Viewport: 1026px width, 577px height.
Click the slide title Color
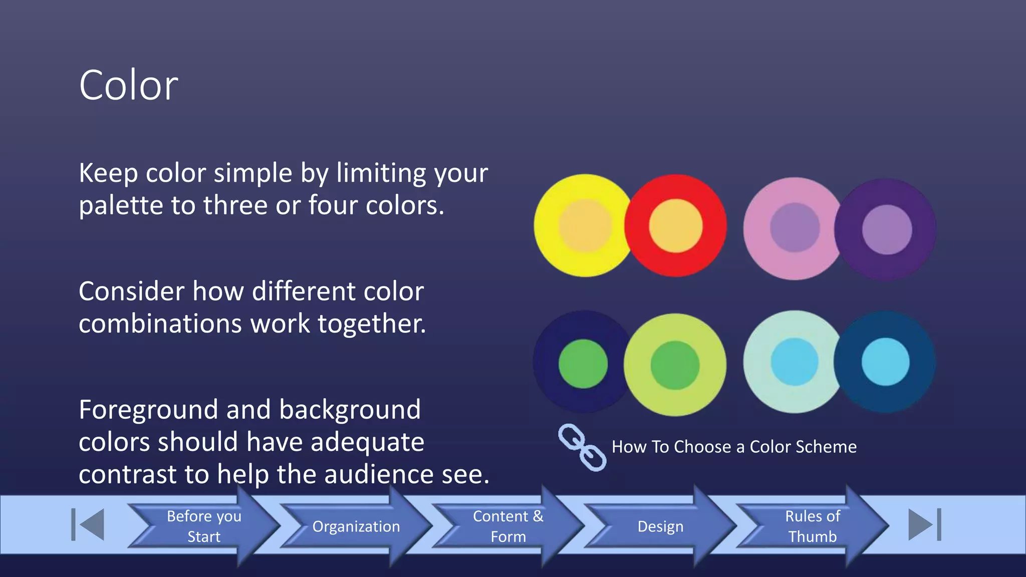pyautogui.click(x=128, y=85)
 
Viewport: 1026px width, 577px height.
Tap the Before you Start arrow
pyautogui.click(x=204, y=526)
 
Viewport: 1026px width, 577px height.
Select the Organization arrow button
pyautogui.click(x=356, y=526)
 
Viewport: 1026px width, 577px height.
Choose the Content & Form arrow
pyautogui.click(x=508, y=526)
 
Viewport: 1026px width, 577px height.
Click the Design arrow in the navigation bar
pyautogui.click(x=660, y=526)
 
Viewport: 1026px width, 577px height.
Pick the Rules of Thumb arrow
pyautogui.click(x=812, y=526)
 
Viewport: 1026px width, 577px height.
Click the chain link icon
pyautogui.click(x=582, y=447)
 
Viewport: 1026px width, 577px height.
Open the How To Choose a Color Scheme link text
pyautogui.click(x=734, y=447)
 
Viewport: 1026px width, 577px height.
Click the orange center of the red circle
pyautogui.click(x=675, y=225)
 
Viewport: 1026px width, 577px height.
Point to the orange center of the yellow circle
pyautogui.click(x=585, y=225)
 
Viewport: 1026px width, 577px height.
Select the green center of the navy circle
pyautogui.click(x=583, y=364)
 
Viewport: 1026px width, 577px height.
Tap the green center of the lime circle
pyautogui.click(x=675, y=365)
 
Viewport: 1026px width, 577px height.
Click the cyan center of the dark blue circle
pyautogui.click(x=885, y=362)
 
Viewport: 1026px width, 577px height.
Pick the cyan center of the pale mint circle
pyautogui.click(x=795, y=362)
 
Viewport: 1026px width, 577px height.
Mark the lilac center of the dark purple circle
pyautogui.click(x=887, y=229)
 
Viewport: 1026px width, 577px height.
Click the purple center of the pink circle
pyautogui.click(x=795, y=227)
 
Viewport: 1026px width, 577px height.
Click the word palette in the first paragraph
pyautogui.click(x=121, y=206)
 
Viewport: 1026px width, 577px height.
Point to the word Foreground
pyautogui.click(x=148, y=410)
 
